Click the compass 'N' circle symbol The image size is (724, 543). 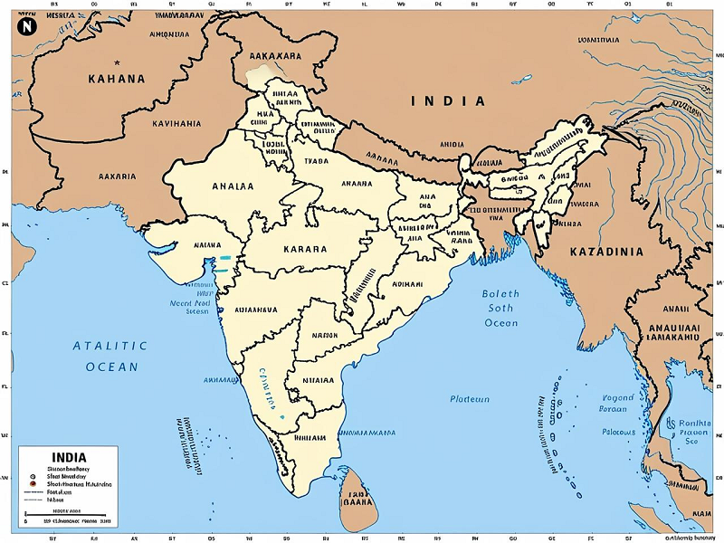tap(26, 26)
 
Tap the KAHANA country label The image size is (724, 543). tap(116, 79)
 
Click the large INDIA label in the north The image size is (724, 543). tap(449, 101)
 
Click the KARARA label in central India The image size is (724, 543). tap(305, 247)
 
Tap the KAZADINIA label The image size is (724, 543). tap(605, 251)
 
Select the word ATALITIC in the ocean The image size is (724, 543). tap(110, 346)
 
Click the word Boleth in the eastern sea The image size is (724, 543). tap(500, 293)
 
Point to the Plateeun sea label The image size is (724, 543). tap(470, 399)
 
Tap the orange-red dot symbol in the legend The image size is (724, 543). tap(32, 485)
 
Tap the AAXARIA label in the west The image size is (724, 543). tap(117, 176)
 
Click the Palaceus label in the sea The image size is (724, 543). tap(619, 433)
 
